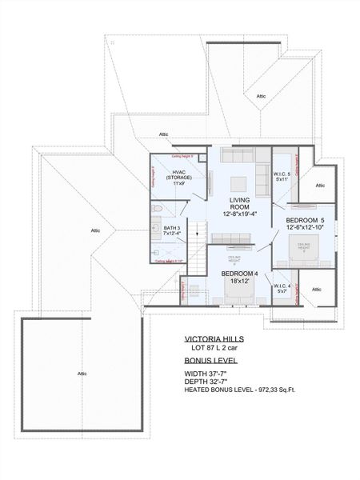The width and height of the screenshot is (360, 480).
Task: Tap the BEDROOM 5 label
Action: pyautogui.click(x=306, y=219)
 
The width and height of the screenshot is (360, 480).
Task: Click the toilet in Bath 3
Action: pyautogui.click(x=158, y=209)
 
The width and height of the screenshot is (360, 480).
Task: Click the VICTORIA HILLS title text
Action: pyautogui.click(x=214, y=338)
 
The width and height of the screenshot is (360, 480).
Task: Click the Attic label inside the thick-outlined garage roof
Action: pyautogui.click(x=82, y=374)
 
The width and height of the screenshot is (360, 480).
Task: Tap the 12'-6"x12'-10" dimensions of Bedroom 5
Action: pyautogui.click(x=306, y=227)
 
